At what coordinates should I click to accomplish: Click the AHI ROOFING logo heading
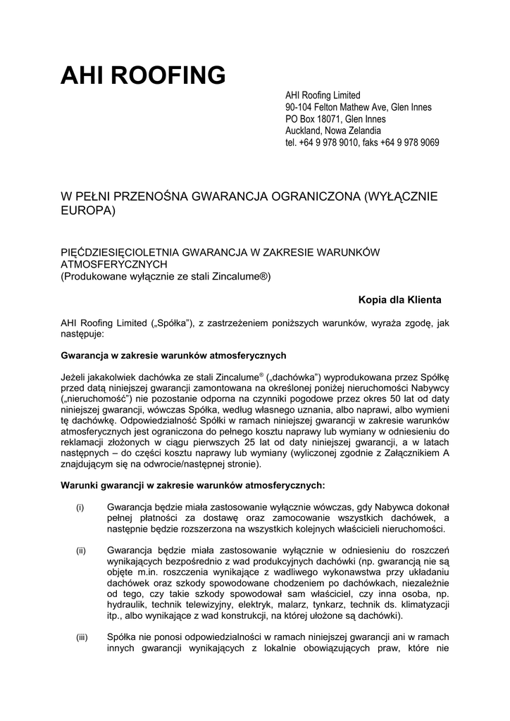tap(143, 75)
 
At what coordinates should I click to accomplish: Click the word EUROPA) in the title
tap(88, 211)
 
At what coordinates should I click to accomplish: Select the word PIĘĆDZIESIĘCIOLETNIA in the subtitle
tap(120, 251)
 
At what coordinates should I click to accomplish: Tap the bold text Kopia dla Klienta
tap(399, 300)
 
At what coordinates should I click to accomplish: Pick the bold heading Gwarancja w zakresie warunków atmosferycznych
tap(174, 355)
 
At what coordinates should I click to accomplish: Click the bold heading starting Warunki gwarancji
tap(193, 485)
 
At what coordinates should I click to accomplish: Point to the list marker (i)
tap(80, 507)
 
